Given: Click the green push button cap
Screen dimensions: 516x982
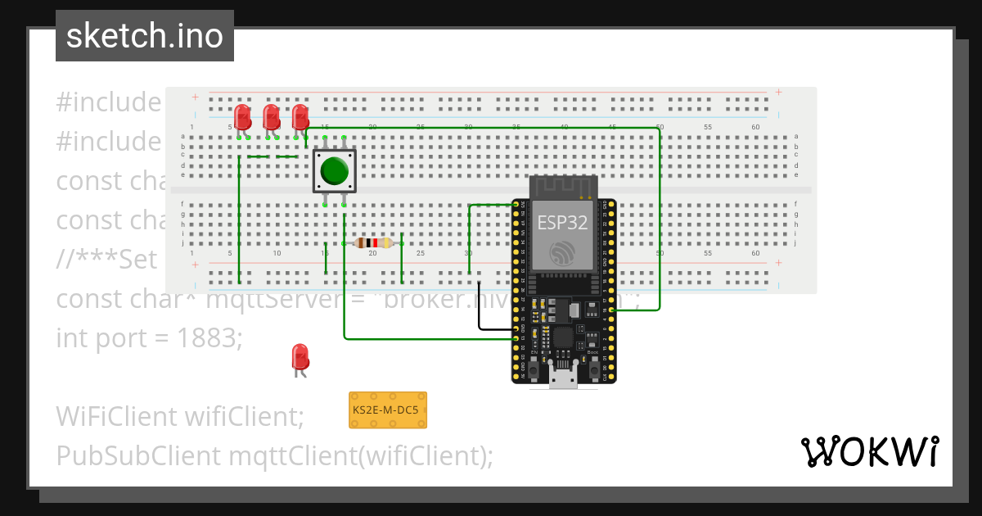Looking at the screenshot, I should click(335, 170).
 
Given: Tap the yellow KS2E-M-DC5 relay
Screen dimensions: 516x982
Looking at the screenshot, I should click(388, 410).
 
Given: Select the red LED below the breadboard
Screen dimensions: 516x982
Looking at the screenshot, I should click(300, 358).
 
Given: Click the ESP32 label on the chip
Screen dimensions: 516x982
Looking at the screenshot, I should click(562, 222).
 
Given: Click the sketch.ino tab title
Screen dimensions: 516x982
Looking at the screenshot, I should click(145, 36).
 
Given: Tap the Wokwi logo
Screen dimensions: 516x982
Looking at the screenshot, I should click(869, 451).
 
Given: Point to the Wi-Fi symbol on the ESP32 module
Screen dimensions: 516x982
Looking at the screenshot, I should click(562, 253).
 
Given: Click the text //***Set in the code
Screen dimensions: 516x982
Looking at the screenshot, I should click(106, 260).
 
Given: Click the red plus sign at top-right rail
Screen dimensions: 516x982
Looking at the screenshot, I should click(778, 92).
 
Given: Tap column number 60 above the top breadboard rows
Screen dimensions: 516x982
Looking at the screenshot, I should click(755, 127).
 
